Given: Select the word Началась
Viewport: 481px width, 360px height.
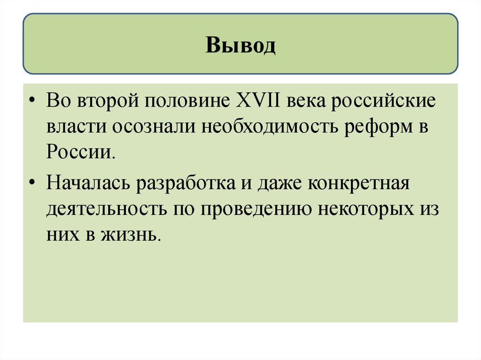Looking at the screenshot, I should [x=88, y=183].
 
